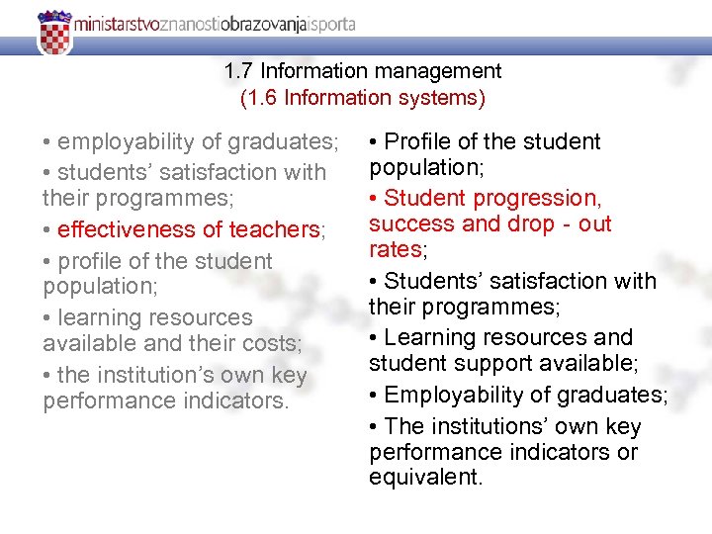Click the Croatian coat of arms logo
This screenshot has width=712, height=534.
point(54,33)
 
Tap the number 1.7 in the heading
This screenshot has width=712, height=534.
point(239,71)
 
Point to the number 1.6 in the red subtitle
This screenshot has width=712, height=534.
point(264,97)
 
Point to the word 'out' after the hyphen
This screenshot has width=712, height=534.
point(595,223)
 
